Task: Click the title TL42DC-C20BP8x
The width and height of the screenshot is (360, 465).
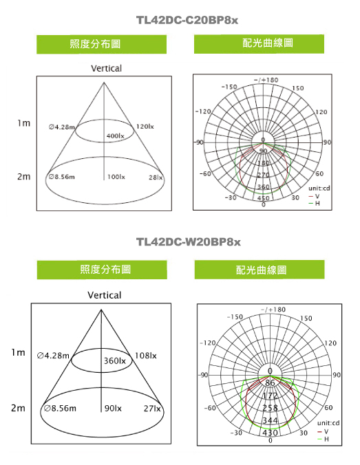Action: (187, 20)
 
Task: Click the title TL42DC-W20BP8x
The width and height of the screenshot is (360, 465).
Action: (188, 242)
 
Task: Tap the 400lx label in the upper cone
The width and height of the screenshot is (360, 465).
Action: (116, 136)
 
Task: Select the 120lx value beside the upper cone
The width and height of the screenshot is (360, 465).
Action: (145, 127)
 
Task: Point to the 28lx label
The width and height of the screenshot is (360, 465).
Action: (156, 177)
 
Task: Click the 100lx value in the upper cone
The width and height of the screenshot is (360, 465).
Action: (116, 177)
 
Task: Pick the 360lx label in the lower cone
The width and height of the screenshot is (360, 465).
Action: (114, 360)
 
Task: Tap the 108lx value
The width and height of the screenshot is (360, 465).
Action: (145, 356)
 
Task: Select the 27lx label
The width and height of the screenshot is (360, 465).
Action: (152, 409)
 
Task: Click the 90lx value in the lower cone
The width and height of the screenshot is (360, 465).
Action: (113, 409)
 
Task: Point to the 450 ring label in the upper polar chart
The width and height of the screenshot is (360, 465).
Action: (263, 198)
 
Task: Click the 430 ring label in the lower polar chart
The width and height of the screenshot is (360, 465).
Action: (270, 433)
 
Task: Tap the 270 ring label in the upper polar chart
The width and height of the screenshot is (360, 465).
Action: (263, 175)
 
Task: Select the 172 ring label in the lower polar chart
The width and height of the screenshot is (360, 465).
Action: (270, 396)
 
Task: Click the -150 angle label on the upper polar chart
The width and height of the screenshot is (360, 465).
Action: (229, 87)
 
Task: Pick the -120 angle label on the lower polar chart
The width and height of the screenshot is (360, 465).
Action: (208, 343)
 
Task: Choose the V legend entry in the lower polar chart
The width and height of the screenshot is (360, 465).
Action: (323, 431)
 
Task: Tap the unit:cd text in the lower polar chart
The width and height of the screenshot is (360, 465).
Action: (328, 423)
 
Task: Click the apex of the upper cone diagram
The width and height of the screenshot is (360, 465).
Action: (104, 83)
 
